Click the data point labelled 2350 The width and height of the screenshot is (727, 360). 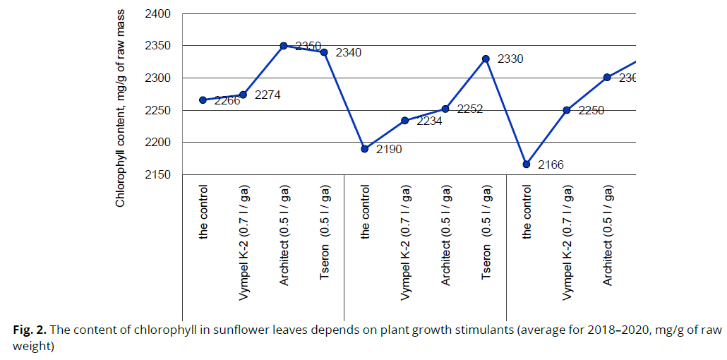click(x=284, y=46)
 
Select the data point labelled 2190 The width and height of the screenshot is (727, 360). click(x=365, y=149)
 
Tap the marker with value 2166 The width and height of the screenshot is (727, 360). click(x=527, y=164)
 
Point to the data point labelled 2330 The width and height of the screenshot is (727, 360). click(x=486, y=59)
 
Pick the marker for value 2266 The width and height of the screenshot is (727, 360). click(x=203, y=100)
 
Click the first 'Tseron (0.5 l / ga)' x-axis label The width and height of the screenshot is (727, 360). click(x=325, y=233)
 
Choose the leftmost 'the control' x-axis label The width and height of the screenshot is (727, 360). click(x=203, y=212)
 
